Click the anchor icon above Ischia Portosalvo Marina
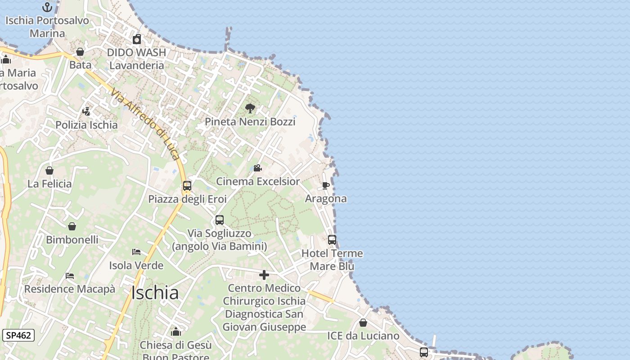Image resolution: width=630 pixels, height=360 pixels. coord(47,7)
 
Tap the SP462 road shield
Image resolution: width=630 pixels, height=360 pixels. coord(18,335)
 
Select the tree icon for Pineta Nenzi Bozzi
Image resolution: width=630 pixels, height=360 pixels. coord(250,108)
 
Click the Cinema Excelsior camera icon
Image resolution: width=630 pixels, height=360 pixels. coord(257,168)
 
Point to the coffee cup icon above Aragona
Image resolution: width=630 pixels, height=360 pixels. coord(326,185)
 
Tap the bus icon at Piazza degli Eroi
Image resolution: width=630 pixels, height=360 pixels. coord(187,186)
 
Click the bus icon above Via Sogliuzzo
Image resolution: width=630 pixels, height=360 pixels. coord(220,220)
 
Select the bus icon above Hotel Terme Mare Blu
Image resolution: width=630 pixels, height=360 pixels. coord(332,240)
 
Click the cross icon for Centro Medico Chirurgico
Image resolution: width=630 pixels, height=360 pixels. coord(264,274)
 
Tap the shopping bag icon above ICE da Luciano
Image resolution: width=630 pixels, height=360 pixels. coord(363,323)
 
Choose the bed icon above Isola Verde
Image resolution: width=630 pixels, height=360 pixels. coord(136,252)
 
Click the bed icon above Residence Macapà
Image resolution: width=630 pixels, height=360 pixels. coord(70,275)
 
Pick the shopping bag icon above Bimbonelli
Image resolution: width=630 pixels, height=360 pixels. coord(72,226)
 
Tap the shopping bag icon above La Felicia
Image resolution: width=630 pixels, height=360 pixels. coord(49,171)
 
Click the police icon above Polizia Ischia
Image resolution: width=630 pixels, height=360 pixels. coord(86,111)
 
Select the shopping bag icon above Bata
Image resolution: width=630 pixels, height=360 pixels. coord(80,52)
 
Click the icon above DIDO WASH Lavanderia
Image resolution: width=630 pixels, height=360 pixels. coord(137,39)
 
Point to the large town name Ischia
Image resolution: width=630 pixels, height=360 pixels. coord(155,293)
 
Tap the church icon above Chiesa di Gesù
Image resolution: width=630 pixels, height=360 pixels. coord(176,332)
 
